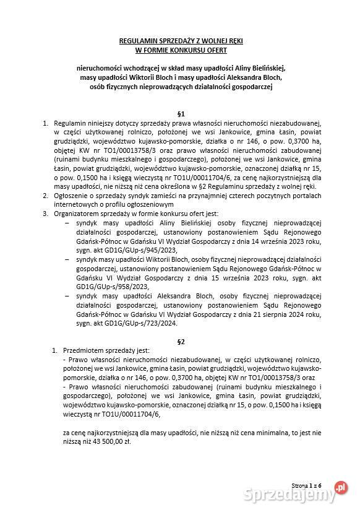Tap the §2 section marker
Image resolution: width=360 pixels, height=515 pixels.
click(x=181, y=341)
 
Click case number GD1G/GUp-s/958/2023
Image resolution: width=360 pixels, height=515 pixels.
click(x=101, y=287)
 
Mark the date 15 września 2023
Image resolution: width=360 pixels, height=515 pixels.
click(x=225, y=279)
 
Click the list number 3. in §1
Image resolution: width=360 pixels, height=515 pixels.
click(x=45, y=214)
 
